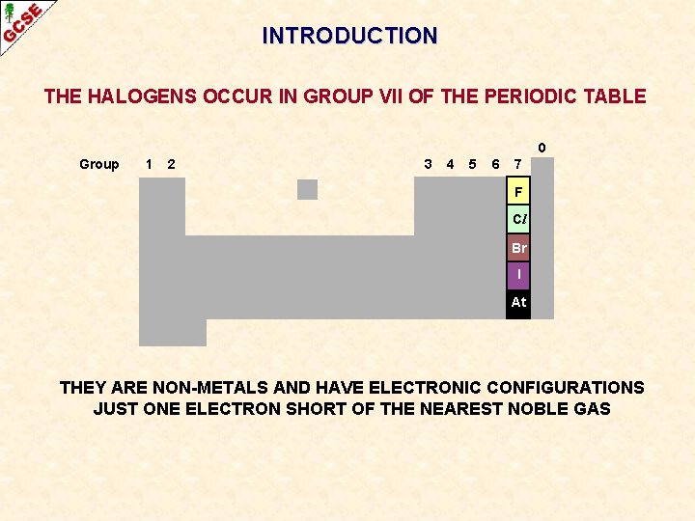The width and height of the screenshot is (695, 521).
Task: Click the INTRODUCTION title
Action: click(x=349, y=36)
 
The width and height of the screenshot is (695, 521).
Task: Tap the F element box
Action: click(x=518, y=192)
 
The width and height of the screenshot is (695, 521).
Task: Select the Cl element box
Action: click(x=518, y=219)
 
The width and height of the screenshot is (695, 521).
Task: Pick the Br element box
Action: click(x=518, y=248)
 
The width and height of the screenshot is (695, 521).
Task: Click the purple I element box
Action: click(x=518, y=275)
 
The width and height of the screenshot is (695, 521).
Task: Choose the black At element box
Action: click(x=518, y=303)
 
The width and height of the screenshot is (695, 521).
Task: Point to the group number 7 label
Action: click(x=518, y=164)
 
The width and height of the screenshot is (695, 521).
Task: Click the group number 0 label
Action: click(x=542, y=148)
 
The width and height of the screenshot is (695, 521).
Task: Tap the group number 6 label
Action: click(x=495, y=164)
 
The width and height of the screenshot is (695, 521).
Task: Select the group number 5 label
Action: click(x=472, y=164)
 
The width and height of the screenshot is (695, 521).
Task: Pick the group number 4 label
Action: click(x=450, y=164)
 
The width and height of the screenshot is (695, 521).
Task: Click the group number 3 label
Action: click(x=428, y=164)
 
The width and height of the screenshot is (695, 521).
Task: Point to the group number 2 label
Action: click(x=171, y=164)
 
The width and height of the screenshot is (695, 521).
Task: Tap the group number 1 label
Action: click(x=148, y=164)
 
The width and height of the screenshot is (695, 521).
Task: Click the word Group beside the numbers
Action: click(x=99, y=165)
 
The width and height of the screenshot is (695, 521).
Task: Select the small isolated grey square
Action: click(x=307, y=189)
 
